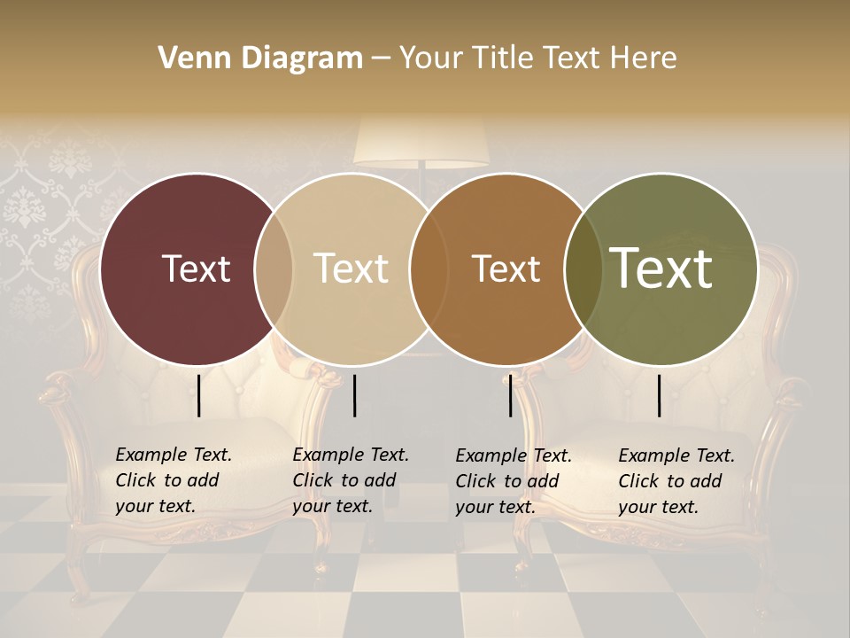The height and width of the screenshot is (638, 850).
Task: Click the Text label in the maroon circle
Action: tap(196, 268)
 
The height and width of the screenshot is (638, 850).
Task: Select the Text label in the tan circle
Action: tap(351, 268)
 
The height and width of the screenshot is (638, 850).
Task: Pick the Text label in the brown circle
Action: tap(506, 268)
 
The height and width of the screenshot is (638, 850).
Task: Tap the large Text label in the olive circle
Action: tap(661, 268)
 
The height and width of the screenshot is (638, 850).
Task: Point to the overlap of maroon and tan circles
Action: tap(274, 268)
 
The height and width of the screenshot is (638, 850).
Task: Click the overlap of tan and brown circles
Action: tap(428, 268)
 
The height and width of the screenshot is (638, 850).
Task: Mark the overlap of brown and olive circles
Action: tap(583, 268)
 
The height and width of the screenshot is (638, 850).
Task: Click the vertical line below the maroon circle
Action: tap(199, 395)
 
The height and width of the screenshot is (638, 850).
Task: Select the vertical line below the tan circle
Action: tap(354, 395)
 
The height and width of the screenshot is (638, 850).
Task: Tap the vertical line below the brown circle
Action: tap(510, 395)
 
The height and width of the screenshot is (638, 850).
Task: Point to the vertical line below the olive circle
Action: tap(659, 395)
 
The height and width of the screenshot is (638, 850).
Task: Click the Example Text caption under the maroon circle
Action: tap(173, 480)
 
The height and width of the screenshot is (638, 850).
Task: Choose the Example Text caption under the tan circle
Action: tap(350, 480)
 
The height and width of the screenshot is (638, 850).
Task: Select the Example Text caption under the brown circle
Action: tap(513, 481)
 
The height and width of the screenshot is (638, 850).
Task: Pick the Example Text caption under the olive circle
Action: tap(676, 481)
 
